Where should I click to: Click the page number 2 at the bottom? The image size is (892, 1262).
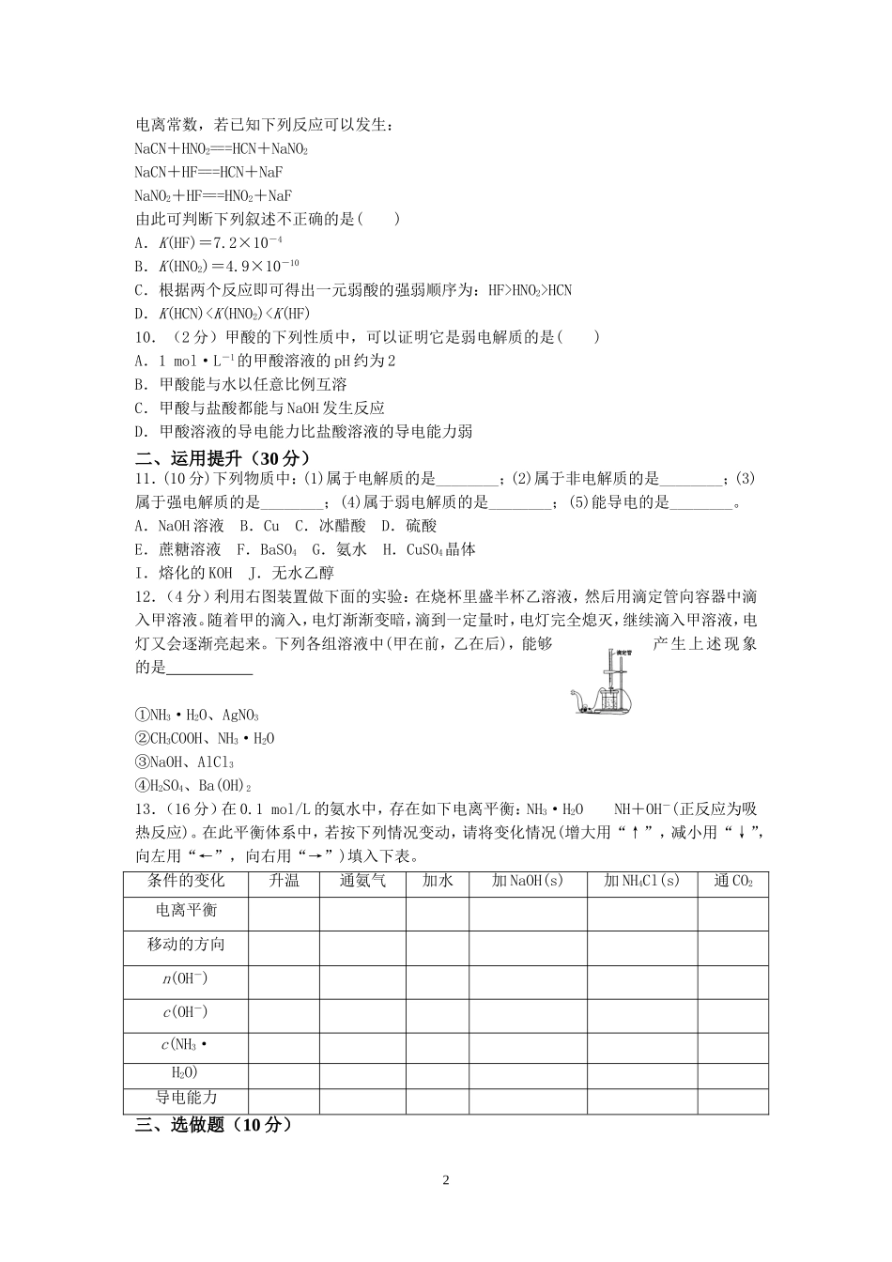tap(446, 1180)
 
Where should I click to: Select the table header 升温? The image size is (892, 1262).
tap(284, 882)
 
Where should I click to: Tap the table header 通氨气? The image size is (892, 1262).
tap(362, 882)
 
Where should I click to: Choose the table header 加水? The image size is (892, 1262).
tap(438, 882)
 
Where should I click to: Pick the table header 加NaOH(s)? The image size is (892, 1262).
tap(528, 882)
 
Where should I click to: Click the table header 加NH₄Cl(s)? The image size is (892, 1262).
tap(642, 882)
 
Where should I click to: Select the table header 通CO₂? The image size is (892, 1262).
tap(732, 882)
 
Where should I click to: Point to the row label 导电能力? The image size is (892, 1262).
tap(186, 1098)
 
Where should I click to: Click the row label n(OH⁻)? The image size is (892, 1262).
tap(186, 979)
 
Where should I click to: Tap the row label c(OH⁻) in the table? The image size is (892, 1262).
tap(186, 1012)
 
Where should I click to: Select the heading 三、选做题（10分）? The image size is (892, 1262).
tap(214, 1125)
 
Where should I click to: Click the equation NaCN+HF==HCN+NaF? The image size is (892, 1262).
tap(208, 173)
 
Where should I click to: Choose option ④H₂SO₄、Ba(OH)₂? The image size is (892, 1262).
tap(193, 786)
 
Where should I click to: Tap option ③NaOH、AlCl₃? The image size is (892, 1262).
tap(185, 762)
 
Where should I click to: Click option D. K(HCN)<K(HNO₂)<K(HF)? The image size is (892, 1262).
tap(222, 314)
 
